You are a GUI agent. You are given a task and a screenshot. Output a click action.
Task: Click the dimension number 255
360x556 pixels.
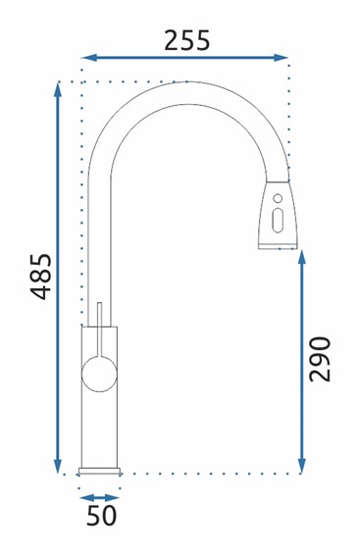coord(187,40)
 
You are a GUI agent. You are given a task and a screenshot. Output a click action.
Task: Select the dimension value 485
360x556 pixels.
coord(41,277)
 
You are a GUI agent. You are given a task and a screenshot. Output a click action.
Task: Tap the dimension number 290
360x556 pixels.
coord(319,359)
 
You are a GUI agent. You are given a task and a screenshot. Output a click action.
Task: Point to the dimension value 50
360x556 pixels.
coord(101,516)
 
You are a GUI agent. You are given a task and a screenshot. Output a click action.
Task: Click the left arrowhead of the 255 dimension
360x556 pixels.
coord(89,58)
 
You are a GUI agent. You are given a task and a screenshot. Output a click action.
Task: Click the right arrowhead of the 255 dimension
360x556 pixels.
coord(281,58)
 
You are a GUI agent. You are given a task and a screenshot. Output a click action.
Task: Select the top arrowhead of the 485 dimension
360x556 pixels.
coord(58,89)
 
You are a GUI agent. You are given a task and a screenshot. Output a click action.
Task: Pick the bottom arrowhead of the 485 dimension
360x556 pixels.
coord(58,466)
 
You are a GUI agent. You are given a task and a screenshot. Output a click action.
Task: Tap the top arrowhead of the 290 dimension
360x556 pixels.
coord(302,257)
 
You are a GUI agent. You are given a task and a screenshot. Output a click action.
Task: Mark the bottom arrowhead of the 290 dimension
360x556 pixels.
coord(302,466)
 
